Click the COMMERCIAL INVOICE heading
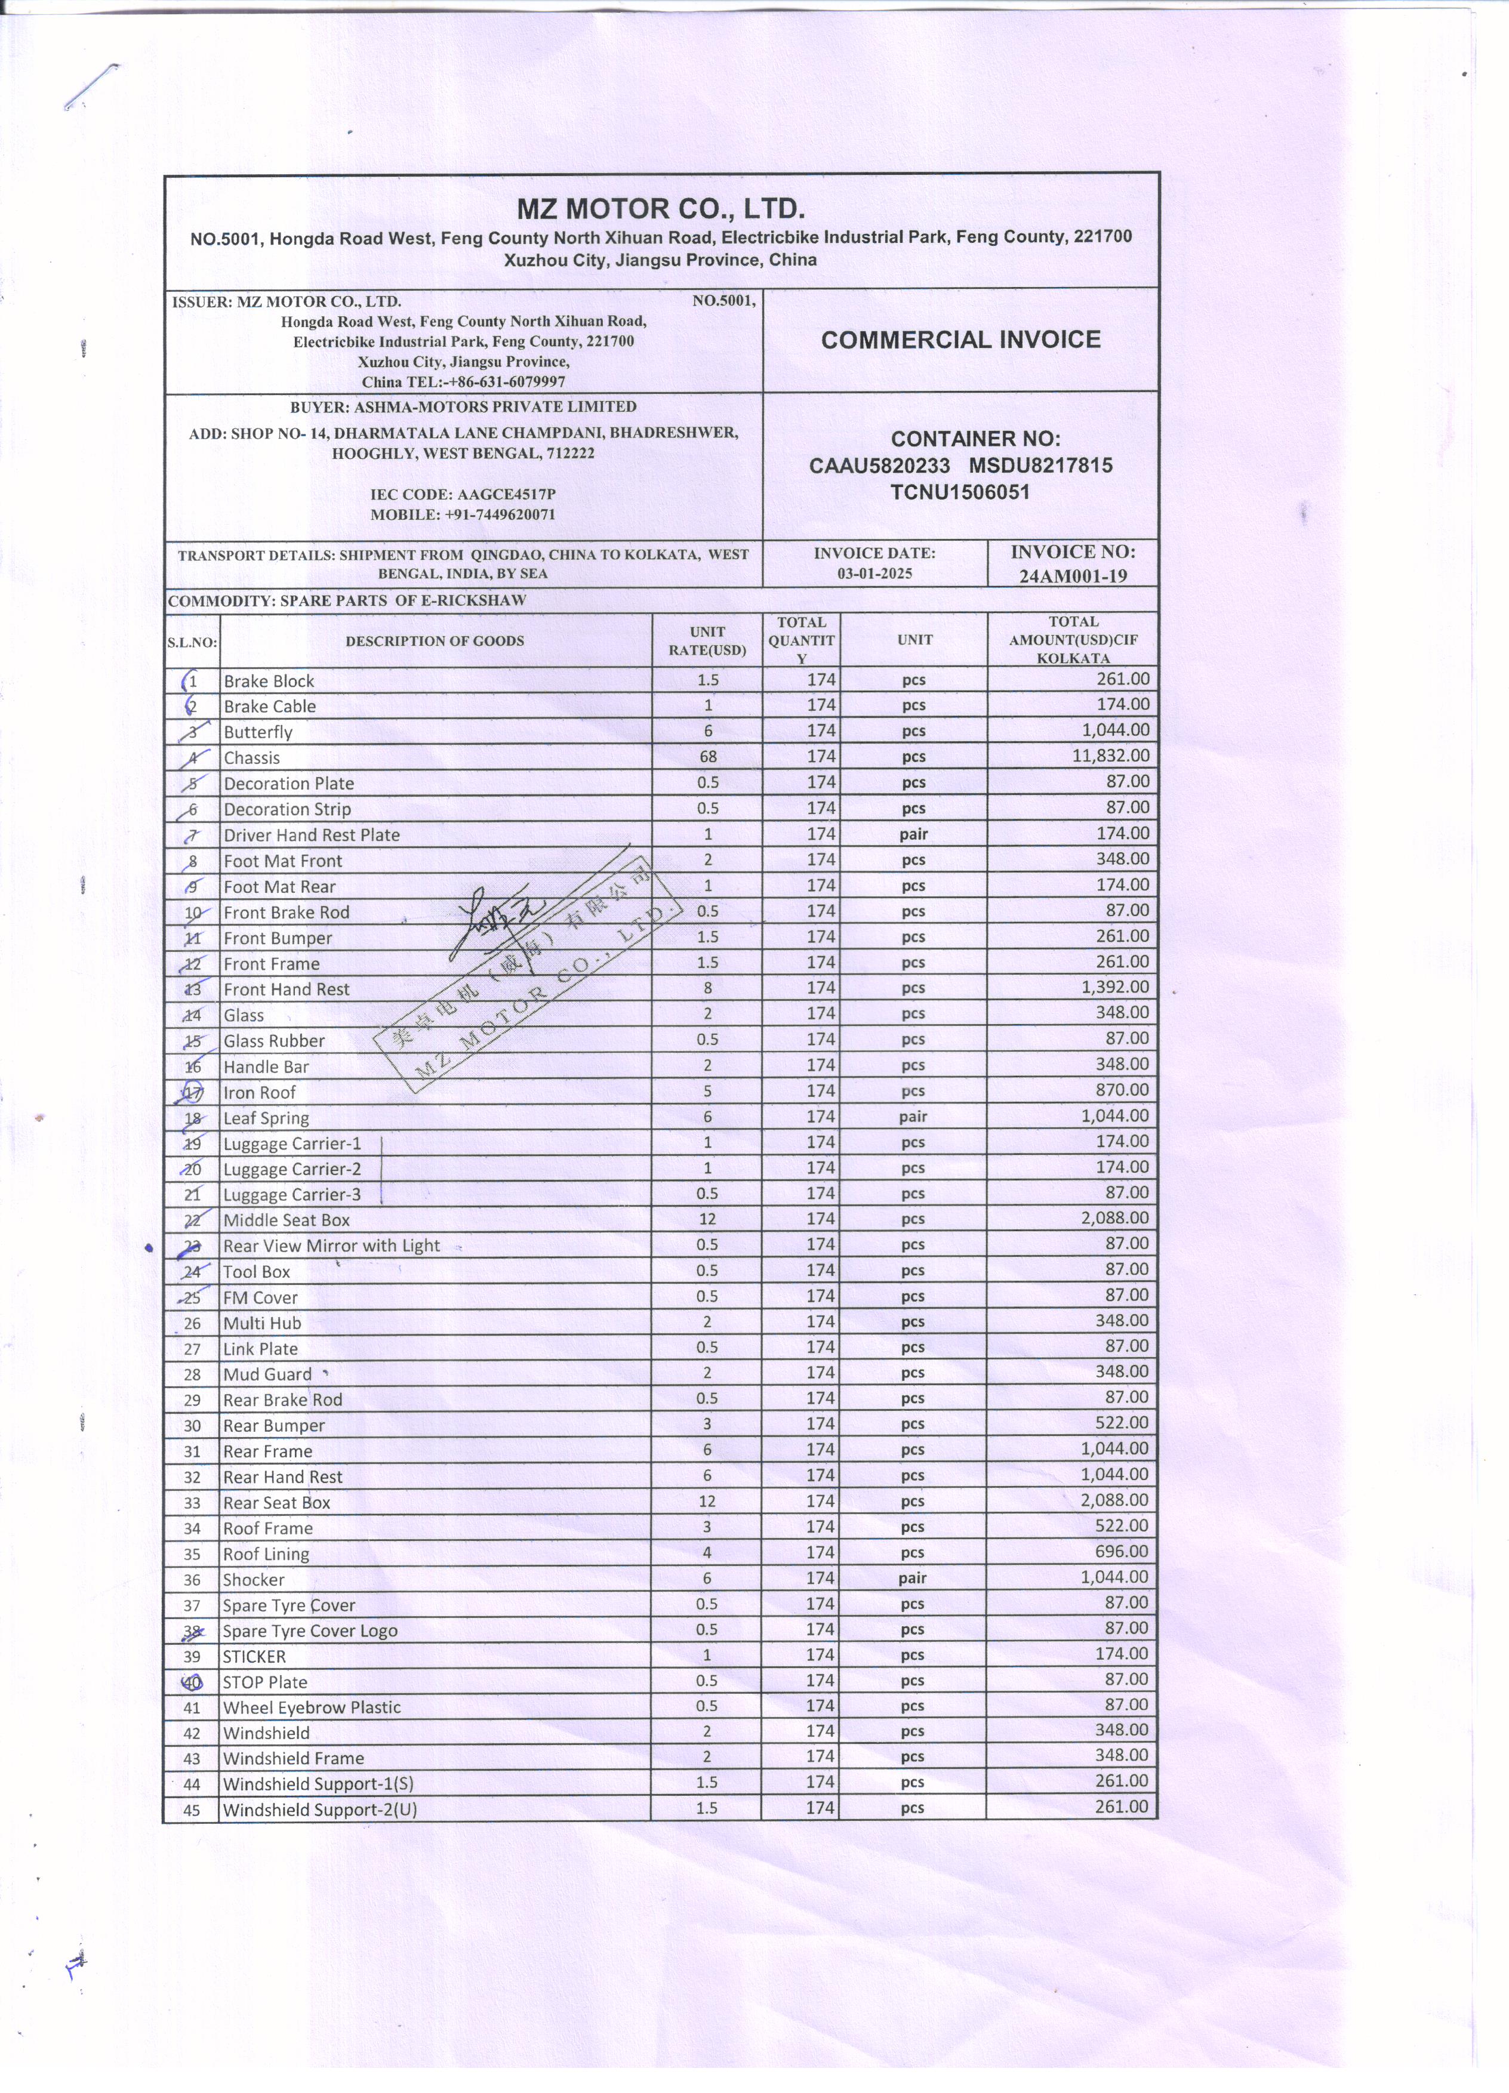[x=960, y=340]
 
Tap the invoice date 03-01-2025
[x=874, y=573]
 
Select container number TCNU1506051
[x=960, y=492]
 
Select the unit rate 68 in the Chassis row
[x=707, y=757]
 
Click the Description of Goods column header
[x=435, y=640]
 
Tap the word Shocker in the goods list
[x=254, y=1580]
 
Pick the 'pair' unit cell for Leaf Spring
[x=913, y=1117]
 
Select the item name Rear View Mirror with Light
[x=331, y=1246]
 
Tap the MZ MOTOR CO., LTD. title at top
[x=661, y=208]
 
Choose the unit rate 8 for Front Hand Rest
[x=707, y=988]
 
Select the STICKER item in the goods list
[x=255, y=1657]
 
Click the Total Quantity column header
[x=801, y=640]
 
